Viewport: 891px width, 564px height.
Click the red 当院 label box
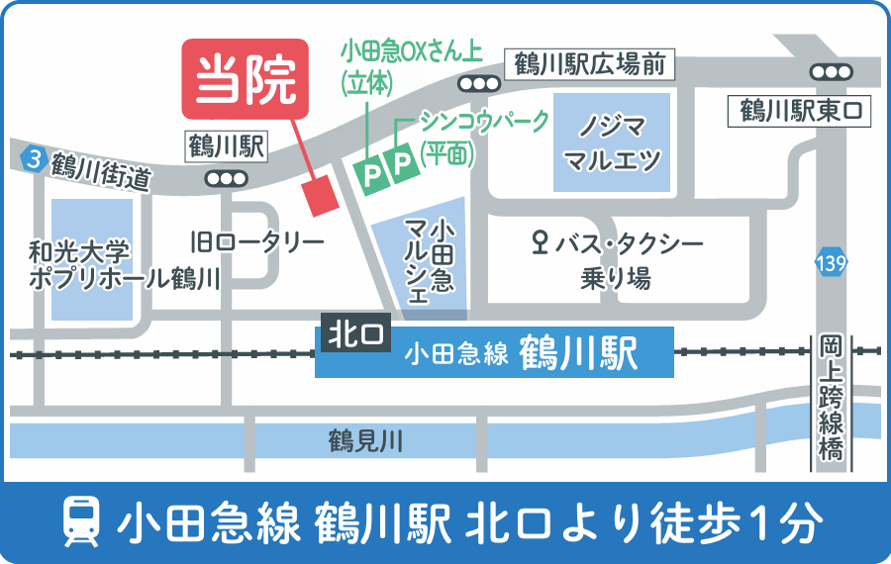pyautogui.click(x=246, y=79)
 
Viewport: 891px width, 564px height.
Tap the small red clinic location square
pyautogui.click(x=322, y=195)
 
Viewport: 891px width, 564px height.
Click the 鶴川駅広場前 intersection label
pyautogui.click(x=590, y=66)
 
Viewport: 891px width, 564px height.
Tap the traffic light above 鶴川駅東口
pyautogui.click(x=830, y=72)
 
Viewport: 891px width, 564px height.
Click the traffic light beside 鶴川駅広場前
pyautogui.click(x=481, y=84)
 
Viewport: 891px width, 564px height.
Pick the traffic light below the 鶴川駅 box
pyautogui.click(x=226, y=178)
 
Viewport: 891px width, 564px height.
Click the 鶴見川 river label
pyautogui.click(x=366, y=440)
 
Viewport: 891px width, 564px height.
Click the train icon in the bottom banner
pyautogui.click(x=81, y=521)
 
